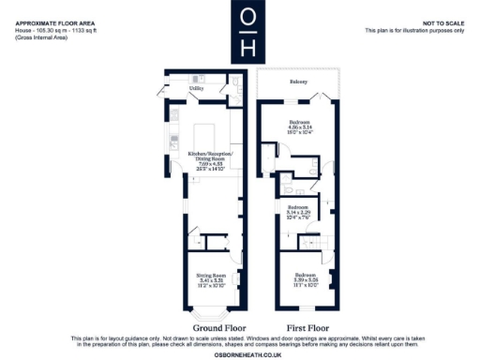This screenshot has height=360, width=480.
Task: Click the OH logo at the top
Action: coord(247,35)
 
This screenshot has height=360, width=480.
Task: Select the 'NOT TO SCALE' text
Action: coord(445,22)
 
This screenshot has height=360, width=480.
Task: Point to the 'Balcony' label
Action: coord(299,82)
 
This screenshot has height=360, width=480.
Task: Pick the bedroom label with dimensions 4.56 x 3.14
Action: coord(299,124)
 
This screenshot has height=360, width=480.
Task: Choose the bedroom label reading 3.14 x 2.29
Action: coord(299,209)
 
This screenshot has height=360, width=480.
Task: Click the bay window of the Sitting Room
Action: coord(203,314)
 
